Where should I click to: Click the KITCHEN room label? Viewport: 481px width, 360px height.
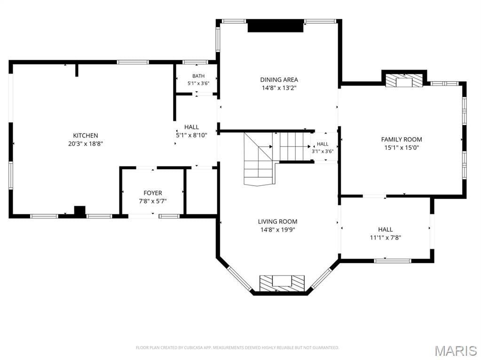(x=86, y=135)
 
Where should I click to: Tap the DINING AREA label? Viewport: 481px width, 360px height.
(x=279, y=80)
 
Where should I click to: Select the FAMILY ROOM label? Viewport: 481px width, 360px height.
(x=402, y=140)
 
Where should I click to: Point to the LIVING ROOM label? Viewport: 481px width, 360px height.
(x=277, y=222)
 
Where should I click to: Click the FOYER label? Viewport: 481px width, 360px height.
(x=153, y=193)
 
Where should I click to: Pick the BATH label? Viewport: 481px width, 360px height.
(x=198, y=76)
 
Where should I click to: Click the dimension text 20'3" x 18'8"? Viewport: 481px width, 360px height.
(x=86, y=143)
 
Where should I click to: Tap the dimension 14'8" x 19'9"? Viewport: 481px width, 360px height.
(x=277, y=230)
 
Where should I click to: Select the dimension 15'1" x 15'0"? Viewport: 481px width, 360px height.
(x=402, y=148)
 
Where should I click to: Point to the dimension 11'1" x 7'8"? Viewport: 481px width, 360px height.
(x=386, y=237)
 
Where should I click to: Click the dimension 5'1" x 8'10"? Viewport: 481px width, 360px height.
(x=191, y=135)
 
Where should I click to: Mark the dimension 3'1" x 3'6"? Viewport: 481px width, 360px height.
(x=323, y=151)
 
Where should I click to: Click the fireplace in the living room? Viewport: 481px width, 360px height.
(x=282, y=283)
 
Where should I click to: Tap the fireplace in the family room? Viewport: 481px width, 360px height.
(x=404, y=80)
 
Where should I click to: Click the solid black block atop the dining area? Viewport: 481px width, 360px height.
(x=276, y=25)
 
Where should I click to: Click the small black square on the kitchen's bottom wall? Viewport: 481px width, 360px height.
(x=80, y=211)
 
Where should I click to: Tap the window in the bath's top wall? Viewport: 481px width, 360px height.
(x=196, y=62)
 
